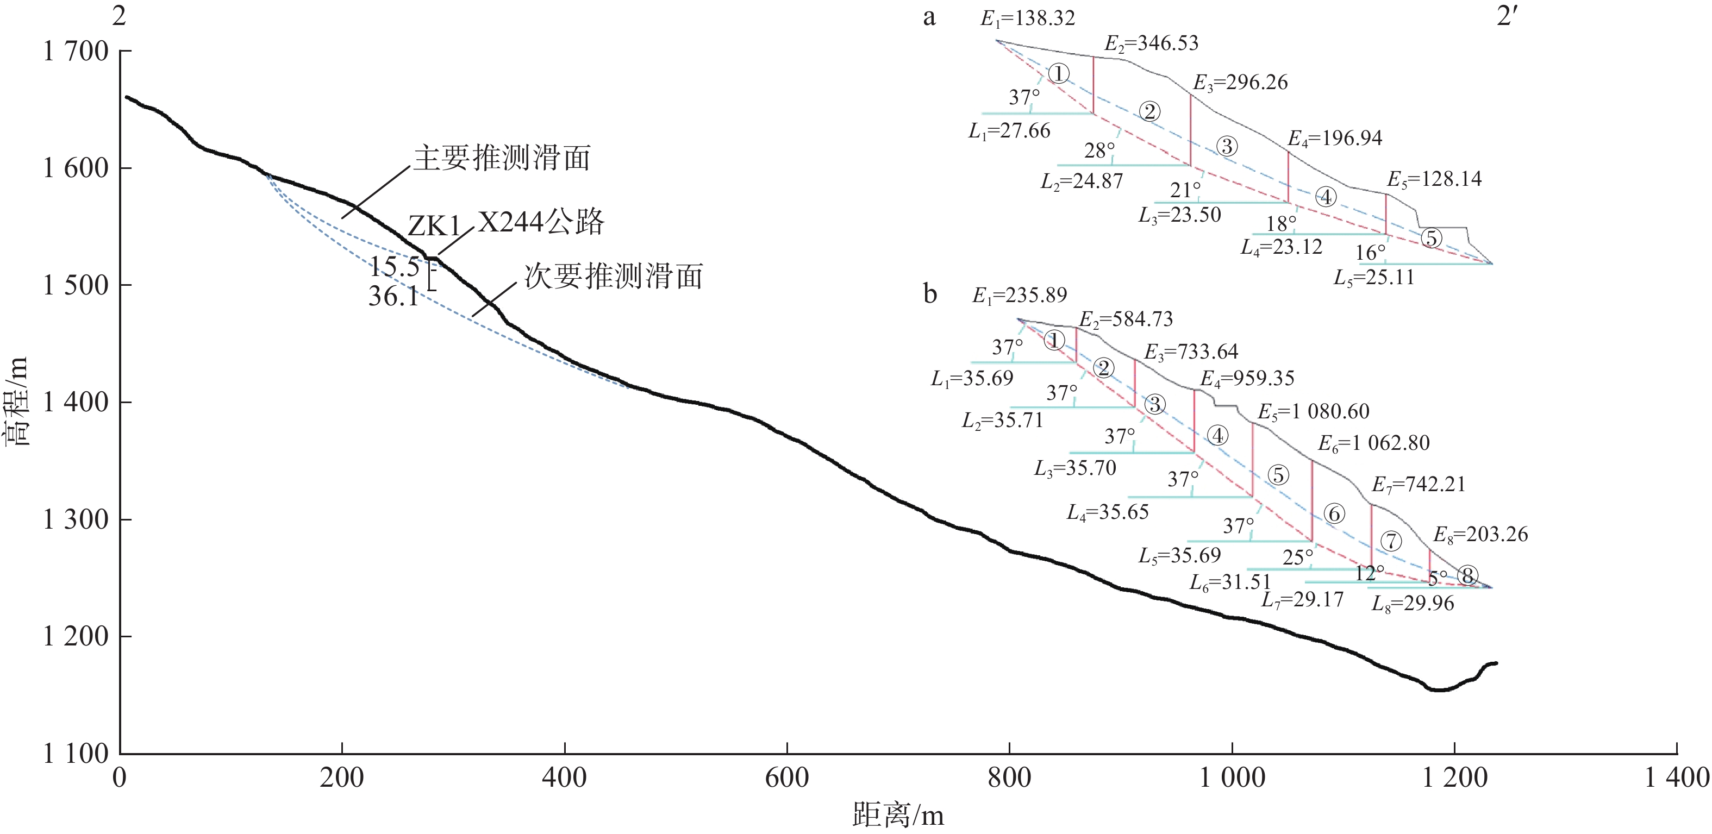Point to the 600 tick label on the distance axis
click(786, 777)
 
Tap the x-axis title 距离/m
click(898, 815)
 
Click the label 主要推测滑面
click(502, 158)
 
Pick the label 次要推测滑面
click(614, 276)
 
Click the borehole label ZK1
click(434, 227)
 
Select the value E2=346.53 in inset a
click(1151, 44)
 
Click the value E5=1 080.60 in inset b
click(1313, 412)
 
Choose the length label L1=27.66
click(1009, 131)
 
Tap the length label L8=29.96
click(1413, 604)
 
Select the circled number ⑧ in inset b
click(1468, 575)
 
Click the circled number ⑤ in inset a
click(1432, 238)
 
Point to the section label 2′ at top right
click(1506, 16)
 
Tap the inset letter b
click(930, 294)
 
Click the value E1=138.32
click(1027, 18)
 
